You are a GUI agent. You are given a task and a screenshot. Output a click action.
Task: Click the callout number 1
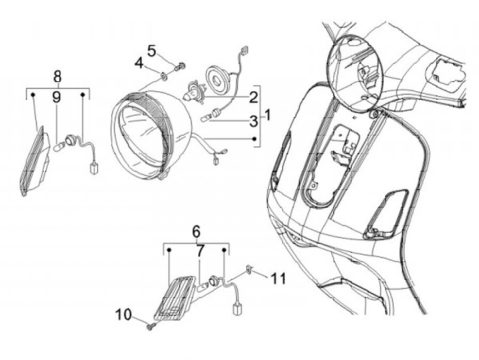pyautogui.click(x=268, y=114)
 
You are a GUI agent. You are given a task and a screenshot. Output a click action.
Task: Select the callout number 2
pyautogui.click(x=253, y=98)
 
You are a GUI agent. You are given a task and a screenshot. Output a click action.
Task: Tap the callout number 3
pyautogui.click(x=253, y=120)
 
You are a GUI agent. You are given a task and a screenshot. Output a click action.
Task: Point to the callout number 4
pyautogui.click(x=139, y=63)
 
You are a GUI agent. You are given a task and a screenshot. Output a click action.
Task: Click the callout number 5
pyautogui.click(x=152, y=51)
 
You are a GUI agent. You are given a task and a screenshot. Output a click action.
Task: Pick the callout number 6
pyautogui.click(x=196, y=232)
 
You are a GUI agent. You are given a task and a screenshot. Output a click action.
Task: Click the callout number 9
pyautogui.click(x=57, y=98)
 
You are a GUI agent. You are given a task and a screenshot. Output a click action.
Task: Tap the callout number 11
pyautogui.click(x=279, y=279)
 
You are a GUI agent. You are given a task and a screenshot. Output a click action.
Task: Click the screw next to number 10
pyautogui.click(x=152, y=326)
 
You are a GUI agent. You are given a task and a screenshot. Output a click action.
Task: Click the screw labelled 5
pyautogui.click(x=179, y=66)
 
